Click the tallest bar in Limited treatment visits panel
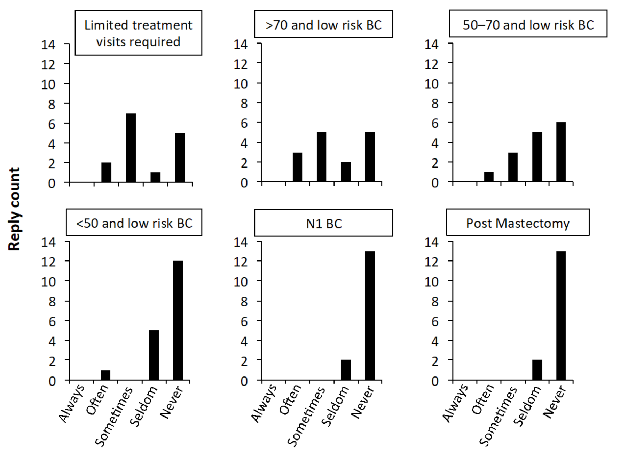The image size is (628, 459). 131,148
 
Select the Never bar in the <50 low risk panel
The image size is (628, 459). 178,320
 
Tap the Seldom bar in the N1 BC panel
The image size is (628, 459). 346,370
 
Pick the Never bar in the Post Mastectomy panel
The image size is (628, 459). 561,316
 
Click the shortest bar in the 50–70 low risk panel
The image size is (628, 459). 489,177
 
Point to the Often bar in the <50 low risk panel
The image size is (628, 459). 105,375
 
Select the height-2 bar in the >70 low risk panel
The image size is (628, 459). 346,172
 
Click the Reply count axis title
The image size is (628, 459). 14,209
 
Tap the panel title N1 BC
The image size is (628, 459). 324,224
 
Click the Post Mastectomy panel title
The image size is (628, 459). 518,223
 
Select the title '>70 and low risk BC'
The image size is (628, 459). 323,25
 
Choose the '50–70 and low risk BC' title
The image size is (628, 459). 528,25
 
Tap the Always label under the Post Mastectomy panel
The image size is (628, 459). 455,403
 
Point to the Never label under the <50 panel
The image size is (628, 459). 171,402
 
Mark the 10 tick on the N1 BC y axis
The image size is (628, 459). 240,281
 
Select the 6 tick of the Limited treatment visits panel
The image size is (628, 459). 52,124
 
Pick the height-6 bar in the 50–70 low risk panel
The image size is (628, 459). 561,152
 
